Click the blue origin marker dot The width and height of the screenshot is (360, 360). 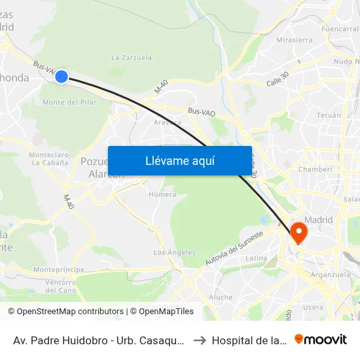(61, 77)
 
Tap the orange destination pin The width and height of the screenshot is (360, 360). (298, 232)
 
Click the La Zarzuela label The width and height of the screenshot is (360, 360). (132, 58)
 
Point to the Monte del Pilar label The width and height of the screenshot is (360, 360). (69, 102)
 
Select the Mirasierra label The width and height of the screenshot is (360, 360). (295, 39)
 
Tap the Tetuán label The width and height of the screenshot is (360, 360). (329, 115)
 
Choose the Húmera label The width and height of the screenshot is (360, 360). (162, 194)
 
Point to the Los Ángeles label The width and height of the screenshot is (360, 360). (174, 252)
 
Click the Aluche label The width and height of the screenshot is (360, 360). (220, 297)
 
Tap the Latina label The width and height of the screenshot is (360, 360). (256, 259)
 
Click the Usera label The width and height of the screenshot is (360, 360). (313, 307)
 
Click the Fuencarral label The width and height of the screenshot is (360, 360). (340, 29)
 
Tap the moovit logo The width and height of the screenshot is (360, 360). (321, 339)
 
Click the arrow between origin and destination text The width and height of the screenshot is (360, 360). (199, 340)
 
